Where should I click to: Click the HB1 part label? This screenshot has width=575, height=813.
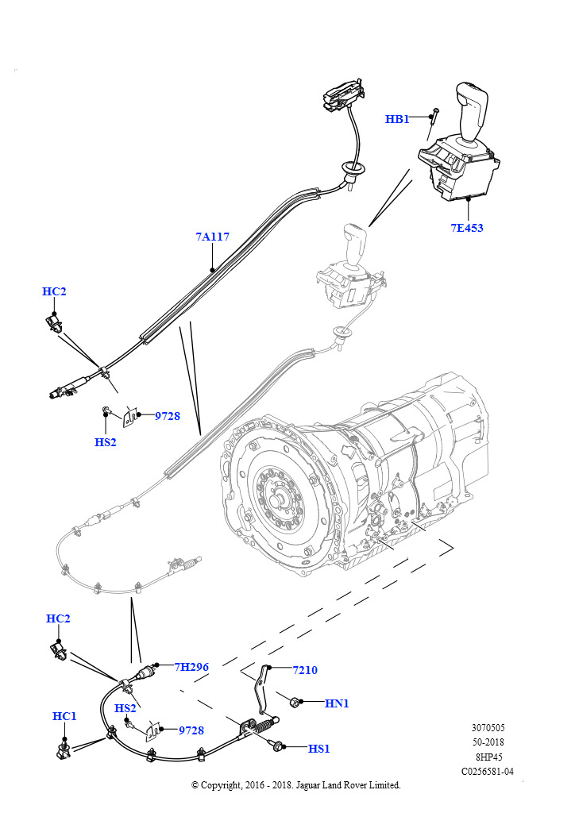tap(397, 119)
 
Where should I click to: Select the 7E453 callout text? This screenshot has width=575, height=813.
tap(466, 228)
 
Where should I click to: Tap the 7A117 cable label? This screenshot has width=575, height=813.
tap(212, 237)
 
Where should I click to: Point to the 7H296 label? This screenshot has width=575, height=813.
tap(191, 667)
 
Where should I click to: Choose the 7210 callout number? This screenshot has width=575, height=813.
tap(304, 670)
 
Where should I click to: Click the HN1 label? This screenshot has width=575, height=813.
tap(337, 703)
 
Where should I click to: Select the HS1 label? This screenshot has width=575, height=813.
tap(318, 749)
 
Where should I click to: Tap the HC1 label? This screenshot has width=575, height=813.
tap(64, 716)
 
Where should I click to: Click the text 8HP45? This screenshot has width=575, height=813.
tap(488, 757)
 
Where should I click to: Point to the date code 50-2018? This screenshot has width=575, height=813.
tap(488, 742)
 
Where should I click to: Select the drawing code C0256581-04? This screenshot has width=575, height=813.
tap(488, 771)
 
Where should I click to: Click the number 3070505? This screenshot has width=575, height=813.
tap(488, 728)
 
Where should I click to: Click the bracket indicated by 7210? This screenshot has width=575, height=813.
tap(260, 688)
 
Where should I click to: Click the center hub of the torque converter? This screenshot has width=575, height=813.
tap(280, 502)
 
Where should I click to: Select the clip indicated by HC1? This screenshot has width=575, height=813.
tap(64, 749)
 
